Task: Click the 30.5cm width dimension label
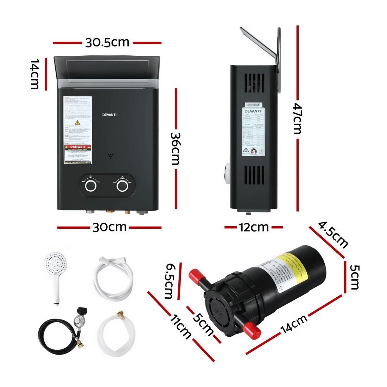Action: (x=107, y=43)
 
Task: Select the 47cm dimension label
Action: (x=297, y=118)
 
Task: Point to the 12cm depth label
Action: (x=254, y=227)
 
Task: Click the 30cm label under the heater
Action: (x=109, y=227)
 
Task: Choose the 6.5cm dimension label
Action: (x=170, y=281)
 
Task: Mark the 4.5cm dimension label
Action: (x=333, y=234)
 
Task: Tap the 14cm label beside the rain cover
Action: (x=34, y=74)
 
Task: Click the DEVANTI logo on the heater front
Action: (x=110, y=114)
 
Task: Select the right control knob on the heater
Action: (x=122, y=185)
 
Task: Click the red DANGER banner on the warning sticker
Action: (x=77, y=147)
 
